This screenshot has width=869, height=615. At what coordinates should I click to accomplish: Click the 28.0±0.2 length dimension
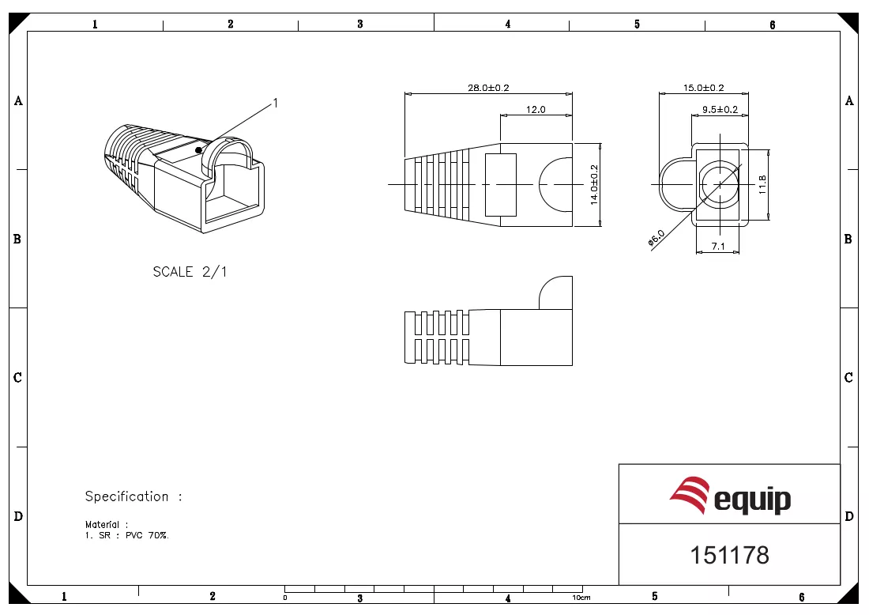(x=488, y=88)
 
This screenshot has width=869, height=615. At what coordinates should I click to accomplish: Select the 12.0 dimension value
(x=536, y=110)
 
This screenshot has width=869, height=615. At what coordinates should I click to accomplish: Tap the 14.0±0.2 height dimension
(x=594, y=185)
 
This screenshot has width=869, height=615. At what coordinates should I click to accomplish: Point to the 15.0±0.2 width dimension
(x=703, y=88)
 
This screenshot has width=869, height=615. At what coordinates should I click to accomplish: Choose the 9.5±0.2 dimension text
(x=720, y=110)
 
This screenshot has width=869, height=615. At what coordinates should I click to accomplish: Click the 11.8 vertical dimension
(x=762, y=184)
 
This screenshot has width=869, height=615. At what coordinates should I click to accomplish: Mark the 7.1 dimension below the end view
(x=717, y=246)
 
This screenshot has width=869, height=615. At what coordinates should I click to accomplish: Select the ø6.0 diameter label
(x=656, y=238)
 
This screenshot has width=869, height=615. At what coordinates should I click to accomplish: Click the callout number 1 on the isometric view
(x=276, y=103)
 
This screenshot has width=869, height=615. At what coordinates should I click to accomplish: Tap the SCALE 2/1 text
(x=190, y=272)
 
